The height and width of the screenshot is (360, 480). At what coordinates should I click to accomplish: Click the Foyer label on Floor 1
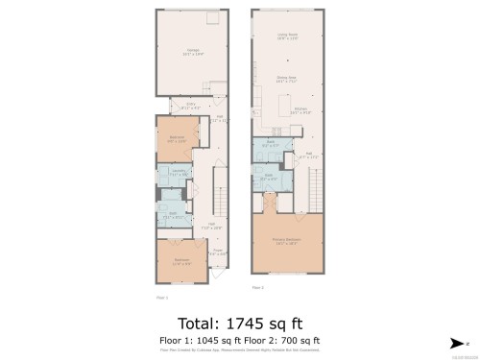[x=218, y=252]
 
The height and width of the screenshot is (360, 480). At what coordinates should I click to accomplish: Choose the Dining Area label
[x=286, y=79]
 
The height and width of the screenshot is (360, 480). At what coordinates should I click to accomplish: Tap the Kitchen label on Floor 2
[x=300, y=110]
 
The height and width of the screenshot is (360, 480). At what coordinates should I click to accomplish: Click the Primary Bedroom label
[x=287, y=241]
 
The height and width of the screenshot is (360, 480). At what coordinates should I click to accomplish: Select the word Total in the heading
[x=202, y=323]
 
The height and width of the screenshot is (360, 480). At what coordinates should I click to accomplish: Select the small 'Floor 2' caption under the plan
[x=257, y=286]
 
